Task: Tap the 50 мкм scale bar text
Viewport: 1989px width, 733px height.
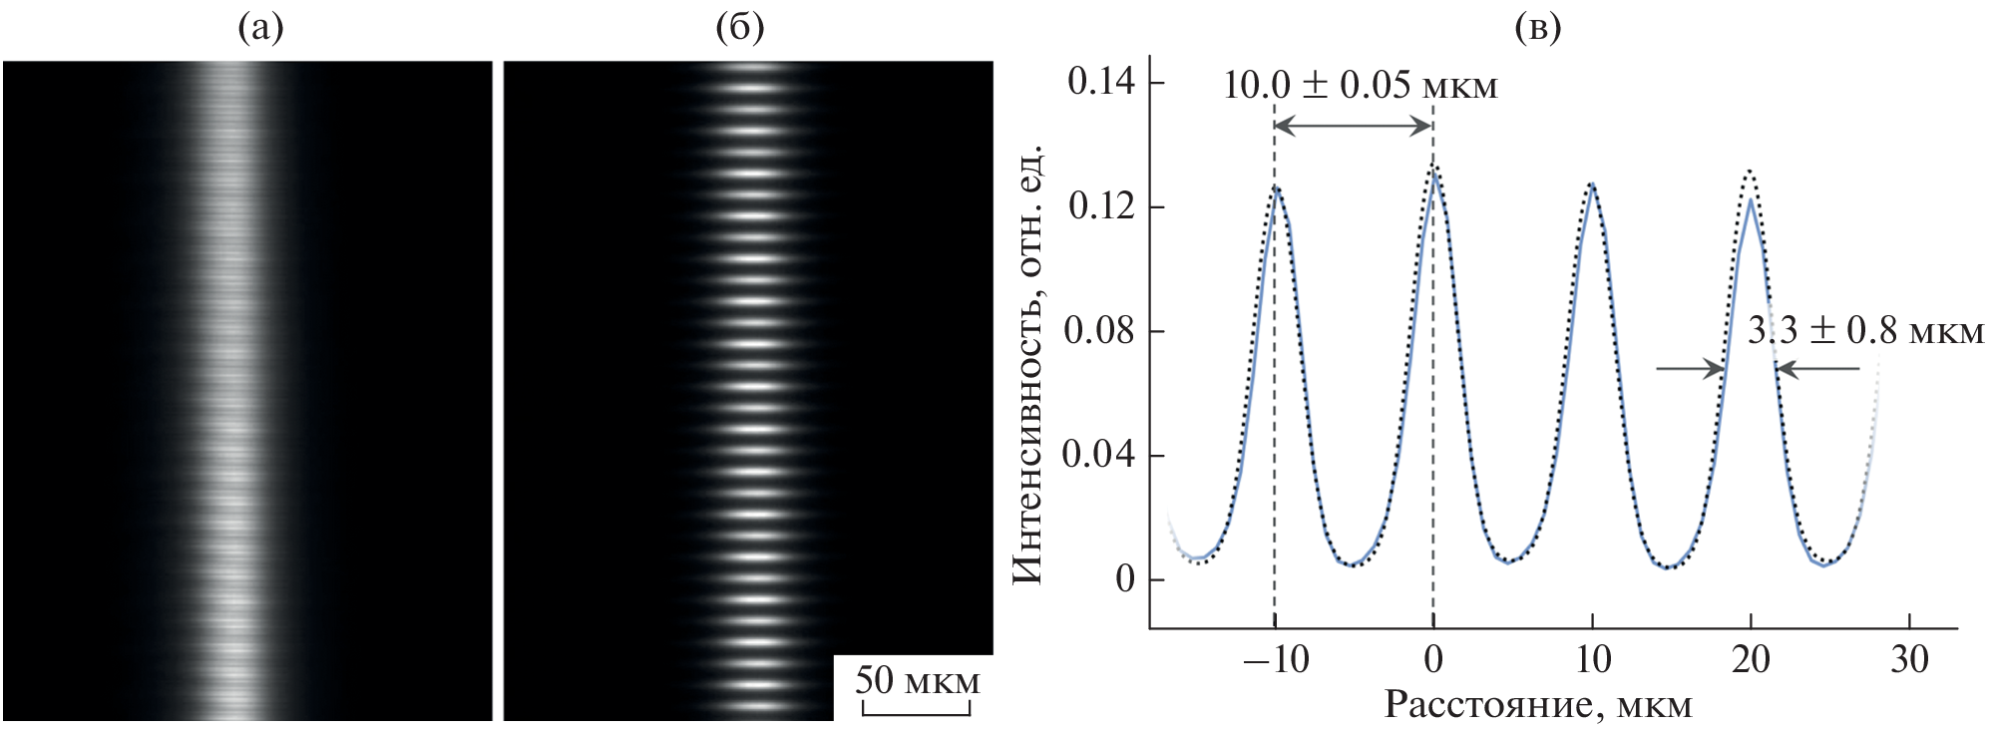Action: pyautogui.click(x=917, y=681)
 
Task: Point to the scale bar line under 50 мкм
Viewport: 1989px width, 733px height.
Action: pyautogui.click(x=916, y=712)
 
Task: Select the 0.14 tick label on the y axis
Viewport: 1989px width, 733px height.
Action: pyautogui.click(x=1100, y=83)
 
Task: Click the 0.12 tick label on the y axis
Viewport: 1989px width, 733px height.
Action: pyautogui.click(x=1100, y=206)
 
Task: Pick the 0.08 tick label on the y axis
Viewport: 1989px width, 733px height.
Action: pyautogui.click(x=1100, y=331)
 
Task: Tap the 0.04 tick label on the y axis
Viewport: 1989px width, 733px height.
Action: pyautogui.click(x=1100, y=456)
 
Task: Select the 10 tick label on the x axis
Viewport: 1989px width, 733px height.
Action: pyautogui.click(x=1592, y=660)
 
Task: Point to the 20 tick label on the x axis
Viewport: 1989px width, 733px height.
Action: pyautogui.click(x=1751, y=660)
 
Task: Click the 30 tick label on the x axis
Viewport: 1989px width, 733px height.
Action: pyautogui.click(x=1909, y=660)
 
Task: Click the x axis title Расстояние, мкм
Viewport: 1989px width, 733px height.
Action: pyautogui.click(x=1537, y=705)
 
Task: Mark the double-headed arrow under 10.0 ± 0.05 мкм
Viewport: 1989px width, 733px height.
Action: pyautogui.click(x=1354, y=125)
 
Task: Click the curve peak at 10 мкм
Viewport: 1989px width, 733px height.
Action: pyautogui.click(x=1592, y=185)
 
